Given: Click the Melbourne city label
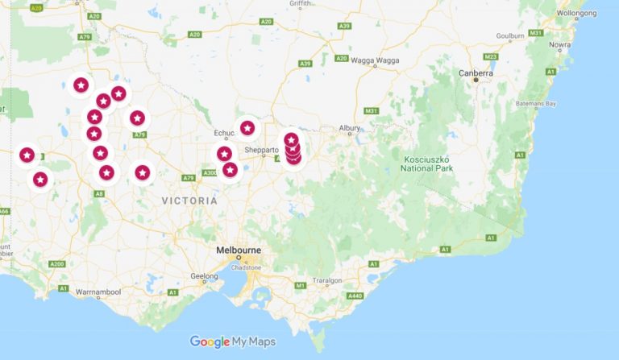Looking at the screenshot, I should click(239, 250).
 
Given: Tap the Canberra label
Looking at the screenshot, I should click(476, 72).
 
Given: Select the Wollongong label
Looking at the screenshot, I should click(579, 13).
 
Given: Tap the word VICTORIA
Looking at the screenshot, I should click(189, 200).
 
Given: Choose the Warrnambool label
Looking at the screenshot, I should click(98, 290).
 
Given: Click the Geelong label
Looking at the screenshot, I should click(204, 275).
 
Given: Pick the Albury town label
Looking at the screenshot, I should click(350, 128).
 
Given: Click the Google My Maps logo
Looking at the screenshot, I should click(233, 341).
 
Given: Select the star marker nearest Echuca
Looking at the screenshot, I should click(247, 128).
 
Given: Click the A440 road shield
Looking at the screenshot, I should click(354, 296).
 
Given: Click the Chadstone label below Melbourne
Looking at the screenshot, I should click(245, 267).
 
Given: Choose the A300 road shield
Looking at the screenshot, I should click(210, 172).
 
